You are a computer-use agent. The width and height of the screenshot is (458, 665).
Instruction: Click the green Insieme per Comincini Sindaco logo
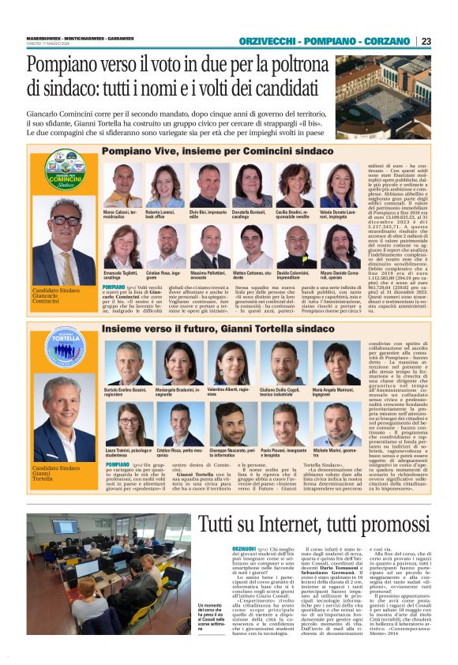click(x=66, y=169)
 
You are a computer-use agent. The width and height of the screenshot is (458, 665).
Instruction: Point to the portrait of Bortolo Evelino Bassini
click(x=127, y=364)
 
